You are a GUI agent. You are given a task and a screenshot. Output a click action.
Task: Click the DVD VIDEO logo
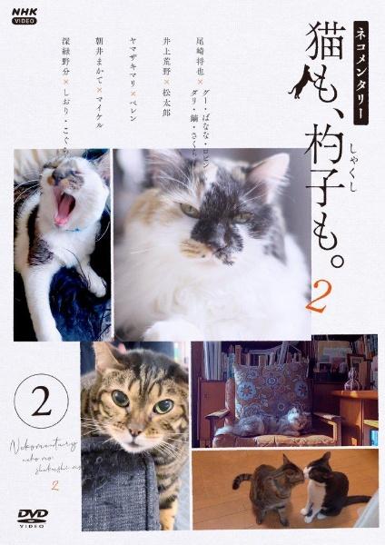[34, 517]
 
